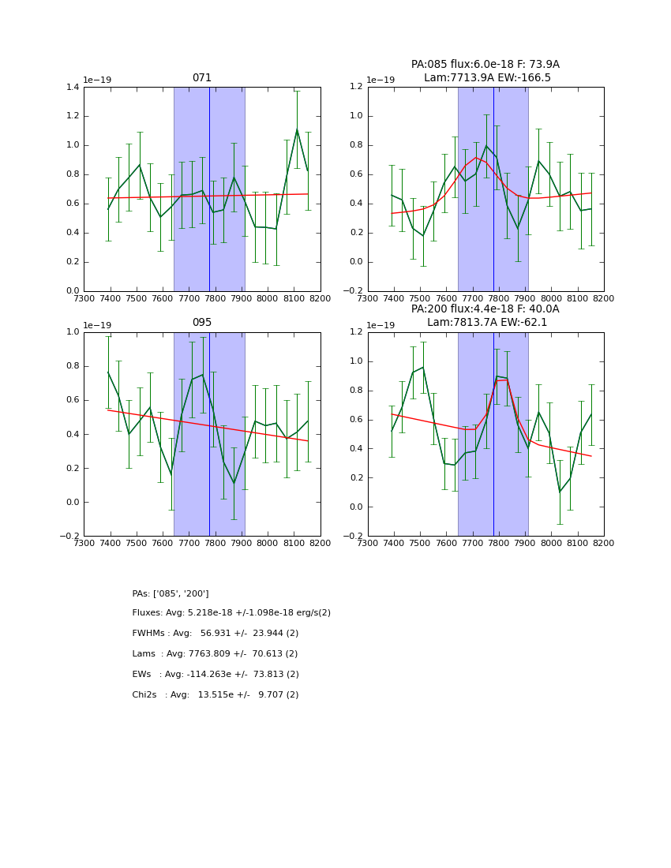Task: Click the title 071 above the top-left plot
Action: [x=202, y=78]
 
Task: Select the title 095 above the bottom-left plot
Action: [x=202, y=323]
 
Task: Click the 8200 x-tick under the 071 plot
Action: [x=320, y=299]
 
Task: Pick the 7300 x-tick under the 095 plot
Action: [x=84, y=544]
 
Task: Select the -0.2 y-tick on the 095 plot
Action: [x=69, y=537]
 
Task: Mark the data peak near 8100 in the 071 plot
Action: [x=297, y=129]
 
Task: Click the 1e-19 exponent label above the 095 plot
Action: [x=97, y=325]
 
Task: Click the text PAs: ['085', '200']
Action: [x=171, y=593]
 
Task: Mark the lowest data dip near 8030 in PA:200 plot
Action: [x=560, y=492]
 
